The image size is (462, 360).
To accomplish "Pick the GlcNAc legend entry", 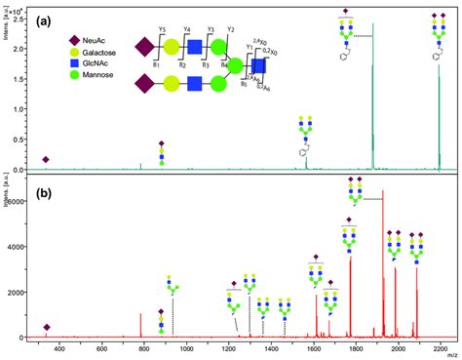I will pos(85,71).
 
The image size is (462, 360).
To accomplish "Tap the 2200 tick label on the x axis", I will pos(441,347).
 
